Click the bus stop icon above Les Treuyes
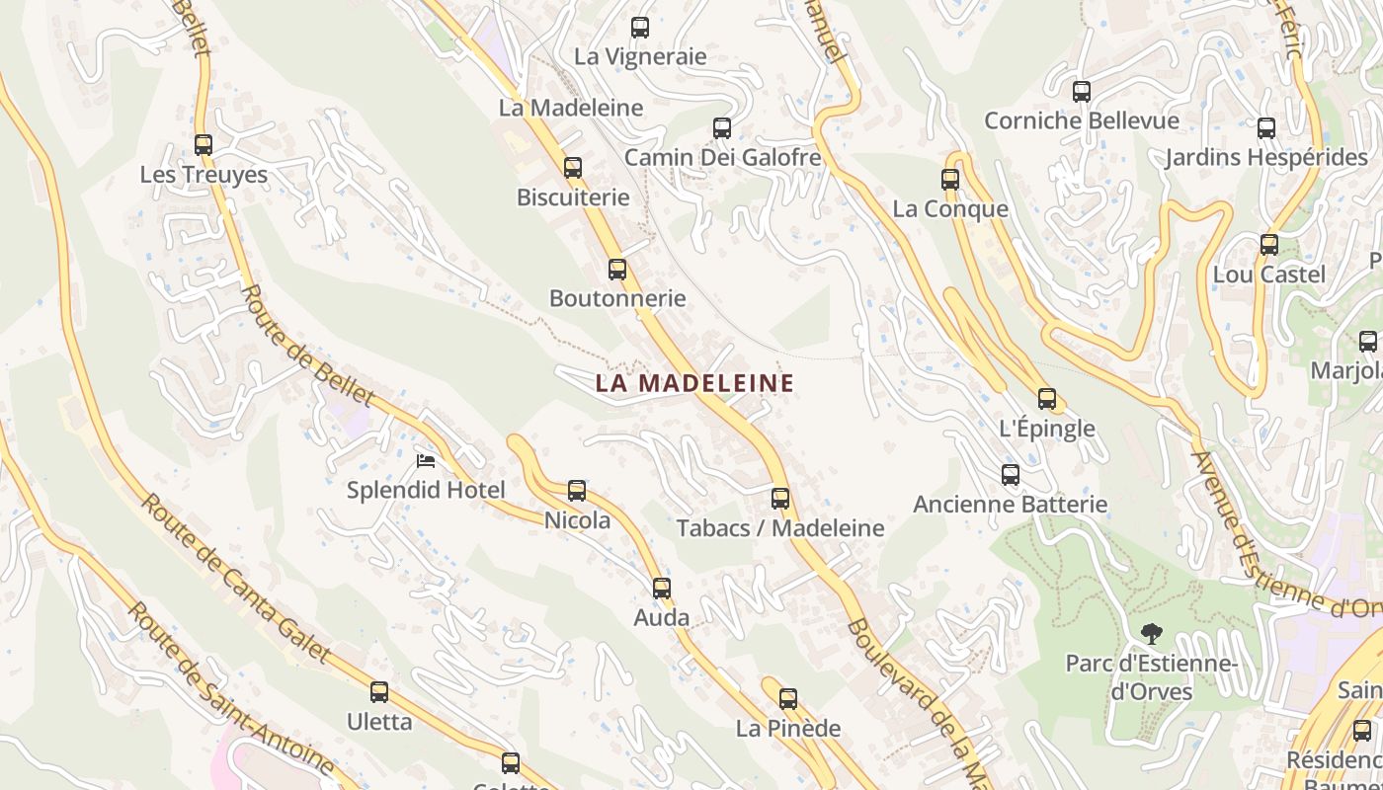tap(203, 145)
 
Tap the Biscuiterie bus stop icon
tap(573, 168)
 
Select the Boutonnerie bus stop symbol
tap(617, 269)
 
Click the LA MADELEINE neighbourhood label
tap(694, 383)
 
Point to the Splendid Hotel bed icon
tap(426, 461)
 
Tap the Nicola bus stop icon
tap(577, 491)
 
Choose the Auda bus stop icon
tap(662, 589)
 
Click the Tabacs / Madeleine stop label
tap(780, 528)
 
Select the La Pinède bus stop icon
tap(788, 699)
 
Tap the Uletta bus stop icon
tap(379, 692)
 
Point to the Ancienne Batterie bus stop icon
tap(1011, 475)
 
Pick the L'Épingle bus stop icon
tap(1047, 399)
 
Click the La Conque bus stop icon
tap(950, 180)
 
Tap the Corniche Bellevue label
tap(1082, 120)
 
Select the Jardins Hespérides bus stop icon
tap(1266, 128)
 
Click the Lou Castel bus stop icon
tap(1269, 245)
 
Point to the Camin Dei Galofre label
tap(722, 157)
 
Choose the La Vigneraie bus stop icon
tap(640, 28)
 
